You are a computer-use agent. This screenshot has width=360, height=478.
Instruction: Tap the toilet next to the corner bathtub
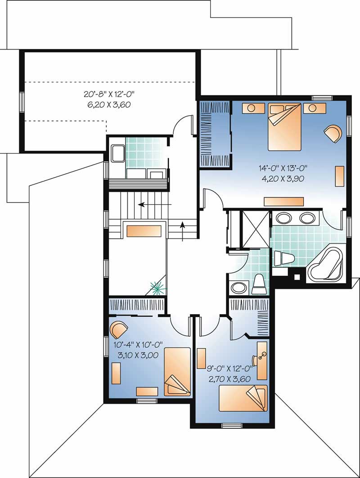(283, 258)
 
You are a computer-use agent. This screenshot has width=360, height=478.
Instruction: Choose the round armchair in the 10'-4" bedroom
(119, 329)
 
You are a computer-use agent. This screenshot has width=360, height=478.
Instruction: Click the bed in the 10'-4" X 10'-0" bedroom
(176, 372)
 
